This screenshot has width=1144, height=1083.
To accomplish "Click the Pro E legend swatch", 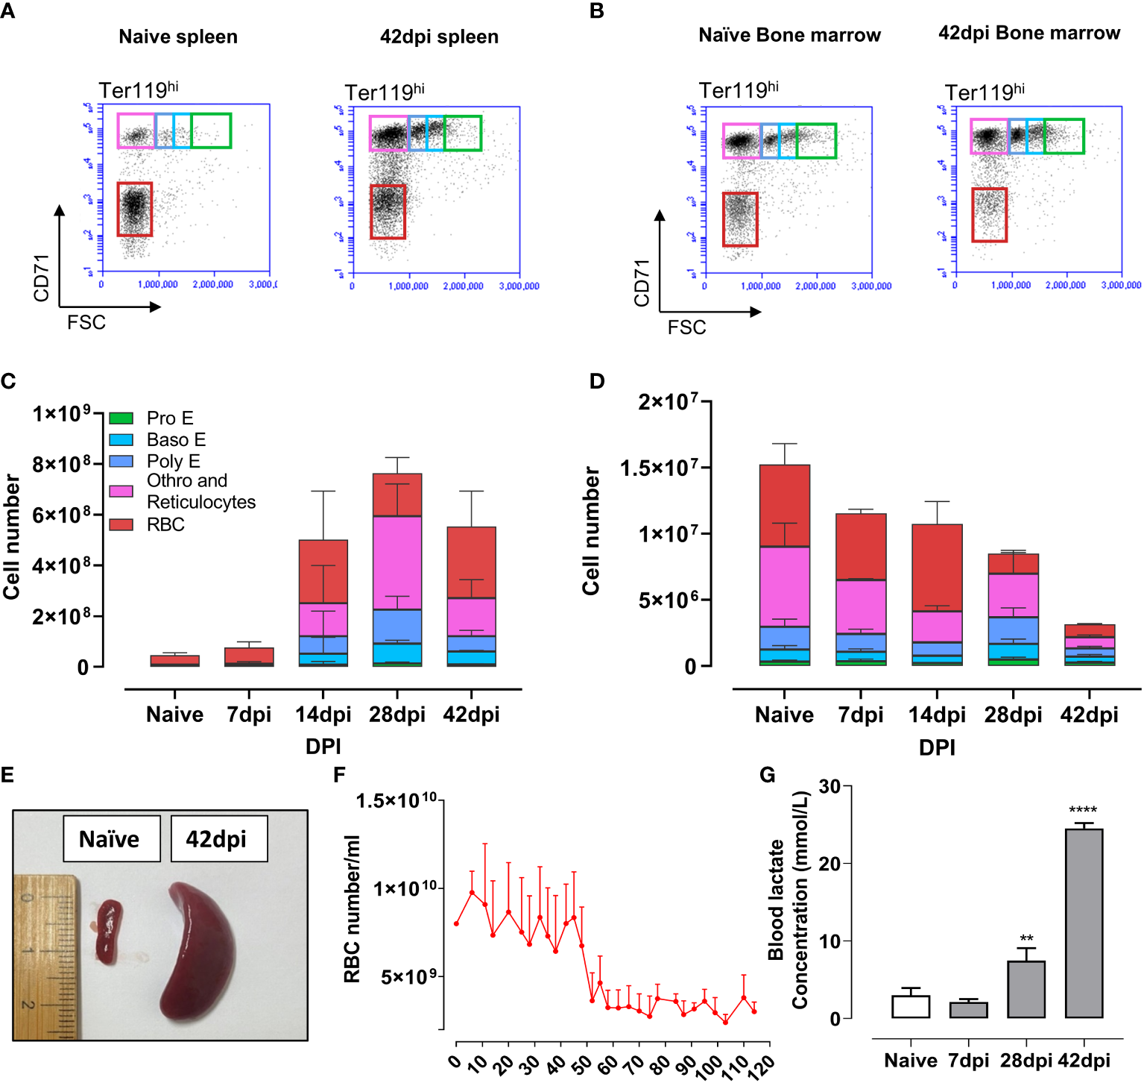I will click(121, 418).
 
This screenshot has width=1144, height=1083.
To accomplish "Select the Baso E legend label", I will click(176, 439).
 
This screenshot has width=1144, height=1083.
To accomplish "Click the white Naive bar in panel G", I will click(910, 1006).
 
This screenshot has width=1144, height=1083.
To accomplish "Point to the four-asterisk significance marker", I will click(1083, 811).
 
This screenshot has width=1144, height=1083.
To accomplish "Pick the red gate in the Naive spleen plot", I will click(134, 210).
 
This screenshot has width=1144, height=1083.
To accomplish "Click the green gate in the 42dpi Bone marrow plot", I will click(1064, 136).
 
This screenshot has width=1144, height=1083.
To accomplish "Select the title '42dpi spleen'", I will click(439, 37).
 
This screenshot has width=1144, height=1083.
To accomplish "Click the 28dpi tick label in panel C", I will click(397, 715).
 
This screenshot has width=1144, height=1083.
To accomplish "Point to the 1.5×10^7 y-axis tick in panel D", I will click(659, 468).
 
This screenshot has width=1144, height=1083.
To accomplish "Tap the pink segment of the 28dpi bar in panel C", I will click(397, 562).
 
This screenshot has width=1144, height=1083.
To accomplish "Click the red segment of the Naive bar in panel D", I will click(784, 506).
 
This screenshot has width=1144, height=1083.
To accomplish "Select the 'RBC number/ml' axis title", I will click(353, 908).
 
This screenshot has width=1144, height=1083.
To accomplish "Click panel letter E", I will click(7, 775).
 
